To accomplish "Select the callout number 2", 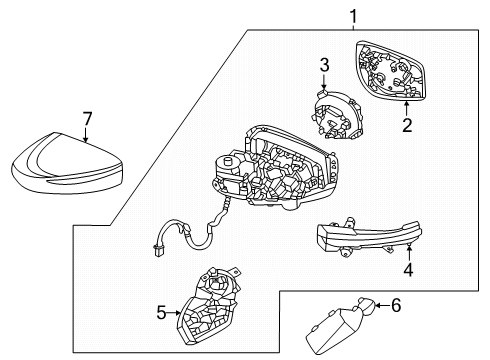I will [x=407, y=125].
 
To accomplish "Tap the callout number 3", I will [x=323, y=65].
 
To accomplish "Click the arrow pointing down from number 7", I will [x=86, y=134].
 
